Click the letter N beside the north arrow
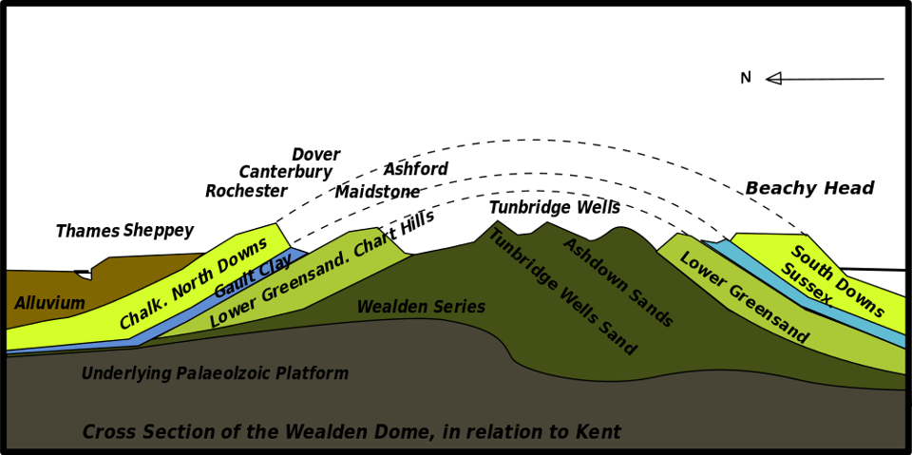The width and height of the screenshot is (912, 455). (x=746, y=78)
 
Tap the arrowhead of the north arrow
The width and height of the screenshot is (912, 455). (x=773, y=78)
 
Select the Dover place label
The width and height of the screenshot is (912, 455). (x=315, y=154)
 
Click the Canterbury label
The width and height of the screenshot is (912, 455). (x=285, y=172)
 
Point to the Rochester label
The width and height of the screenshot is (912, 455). (x=246, y=191)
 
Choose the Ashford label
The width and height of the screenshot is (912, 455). (x=415, y=169)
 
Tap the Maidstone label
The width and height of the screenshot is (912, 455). (x=377, y=192)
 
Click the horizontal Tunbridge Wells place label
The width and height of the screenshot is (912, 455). (x=554, y=207)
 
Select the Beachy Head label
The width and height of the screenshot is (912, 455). (x=809, y=188)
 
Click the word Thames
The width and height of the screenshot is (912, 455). (x=87, y=231)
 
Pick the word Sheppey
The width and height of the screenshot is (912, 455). (x=159, y=231)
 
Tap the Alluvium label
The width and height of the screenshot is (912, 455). (x=49, y=304)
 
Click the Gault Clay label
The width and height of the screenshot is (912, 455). (x=253, y=276)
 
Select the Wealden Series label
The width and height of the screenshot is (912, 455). (x=421, y=307)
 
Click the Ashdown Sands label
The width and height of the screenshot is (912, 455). (x=617, y=282)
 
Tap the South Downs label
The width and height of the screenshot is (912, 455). (x=838, y=281)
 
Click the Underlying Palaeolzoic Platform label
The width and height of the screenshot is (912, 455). (x=215, y=373)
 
